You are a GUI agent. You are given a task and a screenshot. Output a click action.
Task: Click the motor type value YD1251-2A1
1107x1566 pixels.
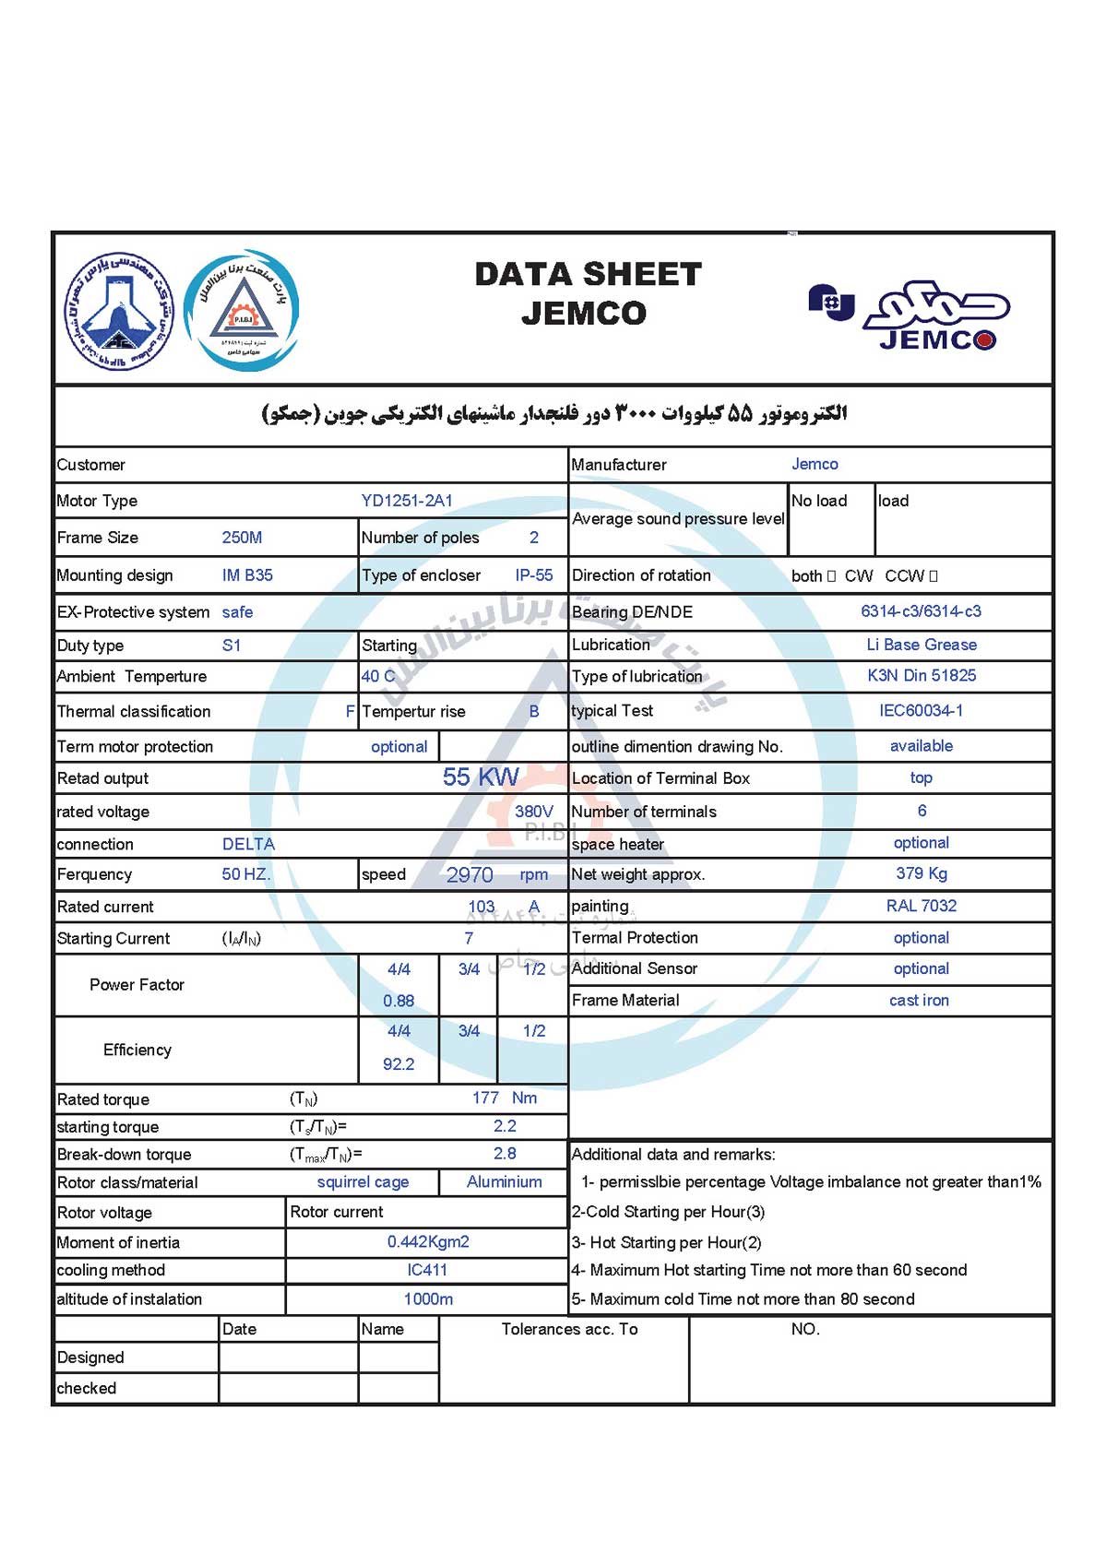407,501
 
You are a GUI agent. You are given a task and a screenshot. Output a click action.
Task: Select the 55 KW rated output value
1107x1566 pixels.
481,777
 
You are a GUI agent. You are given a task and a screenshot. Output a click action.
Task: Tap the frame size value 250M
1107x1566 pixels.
242,538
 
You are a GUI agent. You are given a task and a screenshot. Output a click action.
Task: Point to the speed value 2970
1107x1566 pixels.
470,874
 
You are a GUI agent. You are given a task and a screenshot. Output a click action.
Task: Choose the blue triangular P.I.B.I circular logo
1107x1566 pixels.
242,310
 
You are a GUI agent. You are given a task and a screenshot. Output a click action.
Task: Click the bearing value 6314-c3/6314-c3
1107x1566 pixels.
921,611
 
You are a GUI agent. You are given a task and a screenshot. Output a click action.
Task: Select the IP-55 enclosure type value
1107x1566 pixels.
534,575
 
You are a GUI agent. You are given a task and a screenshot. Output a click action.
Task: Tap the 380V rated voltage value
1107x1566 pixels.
534,812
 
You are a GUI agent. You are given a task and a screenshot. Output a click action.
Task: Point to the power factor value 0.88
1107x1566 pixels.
399,1001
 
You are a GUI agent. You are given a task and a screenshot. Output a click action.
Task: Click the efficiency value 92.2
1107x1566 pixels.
399,1064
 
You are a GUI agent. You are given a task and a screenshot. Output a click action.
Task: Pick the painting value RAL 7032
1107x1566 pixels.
921,906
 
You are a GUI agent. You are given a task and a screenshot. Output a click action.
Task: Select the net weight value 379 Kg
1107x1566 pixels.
921,873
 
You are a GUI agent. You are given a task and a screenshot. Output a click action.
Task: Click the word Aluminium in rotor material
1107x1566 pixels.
505,1182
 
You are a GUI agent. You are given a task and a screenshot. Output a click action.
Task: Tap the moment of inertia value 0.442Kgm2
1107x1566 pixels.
428,1242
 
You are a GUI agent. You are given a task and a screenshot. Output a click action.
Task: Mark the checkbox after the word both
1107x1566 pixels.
831,576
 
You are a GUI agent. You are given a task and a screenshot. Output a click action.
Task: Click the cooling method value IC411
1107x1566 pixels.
427,1270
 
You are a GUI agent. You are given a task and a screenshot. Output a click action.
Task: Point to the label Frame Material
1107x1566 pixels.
625,1001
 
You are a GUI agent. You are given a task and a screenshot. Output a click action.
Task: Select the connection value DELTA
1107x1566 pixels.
248,844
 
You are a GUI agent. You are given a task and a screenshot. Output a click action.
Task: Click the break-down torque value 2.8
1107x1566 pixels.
505,1154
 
